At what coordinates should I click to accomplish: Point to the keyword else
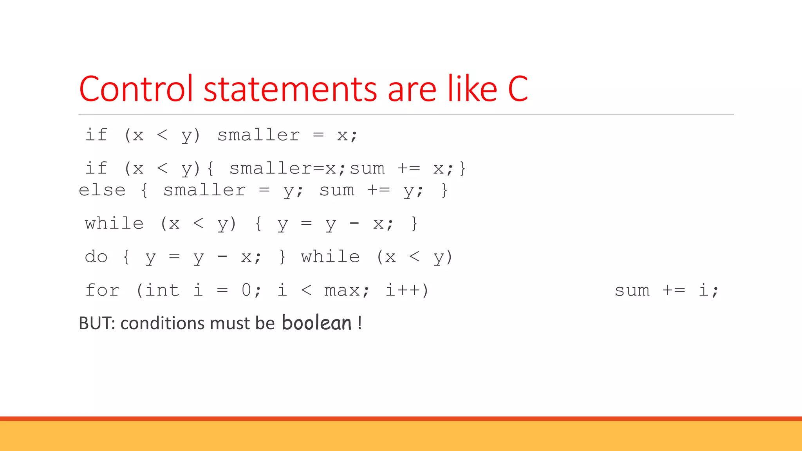click(x=102, y=190)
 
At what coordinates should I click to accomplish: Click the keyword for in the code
click(x=102, y=290)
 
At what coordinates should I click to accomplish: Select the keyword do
click(x=96, y=257)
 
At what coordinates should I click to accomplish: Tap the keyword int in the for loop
click(x=162, y=290)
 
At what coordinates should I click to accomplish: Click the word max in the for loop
click(x=342, y=291)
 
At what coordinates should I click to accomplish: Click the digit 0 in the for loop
click(x=246, y=290)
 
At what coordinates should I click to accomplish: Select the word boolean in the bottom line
click(x=316, y=323)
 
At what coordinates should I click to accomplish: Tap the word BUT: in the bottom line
click(x=97, y=323)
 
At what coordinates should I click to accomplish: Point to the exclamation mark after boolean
click(x=359, y=323)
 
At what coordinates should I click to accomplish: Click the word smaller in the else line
click(x=204, y=190)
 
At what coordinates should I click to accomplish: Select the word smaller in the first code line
click(x=258, y=135)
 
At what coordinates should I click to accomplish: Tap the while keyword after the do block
click(x=330, y=257)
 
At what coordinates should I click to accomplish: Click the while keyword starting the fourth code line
click(x=114, y=224)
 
